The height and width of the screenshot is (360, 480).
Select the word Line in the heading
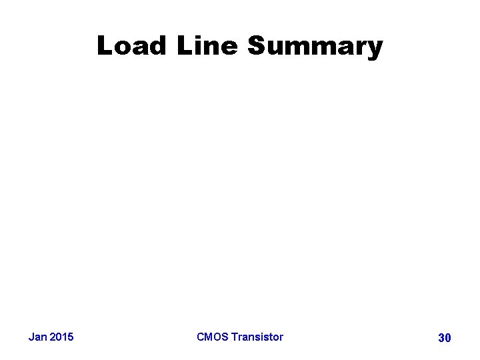pyautogui.click(x=207, y=46)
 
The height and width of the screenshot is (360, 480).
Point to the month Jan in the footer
pyautogui.click(x=38, y=337)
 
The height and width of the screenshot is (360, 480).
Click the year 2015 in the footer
pyautogui.click(x=62, y=337)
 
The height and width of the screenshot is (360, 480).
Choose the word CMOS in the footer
pyautogui.click(x=212, y=337)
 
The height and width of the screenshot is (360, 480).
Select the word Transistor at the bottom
pyautogui.click(x=257, y=337)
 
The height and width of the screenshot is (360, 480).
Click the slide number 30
pyautogui.click(x=444, y=338)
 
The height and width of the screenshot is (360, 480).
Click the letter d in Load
pyautogui.click(x=159, y=46)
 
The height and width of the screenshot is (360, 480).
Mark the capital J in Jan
pyautogui.click(x=31, y=337)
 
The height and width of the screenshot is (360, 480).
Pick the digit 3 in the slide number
pyautogui.click(x=441, y=338)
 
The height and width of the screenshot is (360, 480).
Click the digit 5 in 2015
pyautogui.click(x=71, y=337)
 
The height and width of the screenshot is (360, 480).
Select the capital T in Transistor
pyautogui.click(x=235, y=337)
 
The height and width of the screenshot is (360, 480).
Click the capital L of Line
pyautogui.click(x=184, y=46)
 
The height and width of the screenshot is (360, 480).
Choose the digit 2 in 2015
pyautogui.click(x=53, y=337)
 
